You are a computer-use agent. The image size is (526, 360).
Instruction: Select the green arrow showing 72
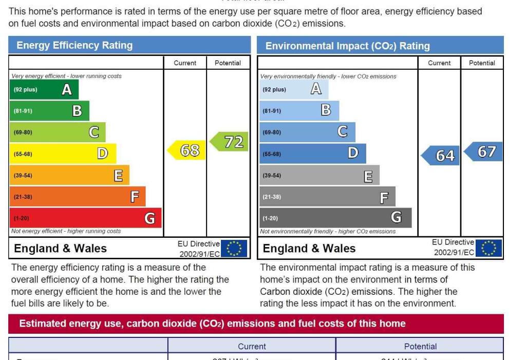coord(230,142)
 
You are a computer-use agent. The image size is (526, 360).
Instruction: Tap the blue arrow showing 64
coord(440,155)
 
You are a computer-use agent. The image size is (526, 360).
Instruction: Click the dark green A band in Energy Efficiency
coord(44,90)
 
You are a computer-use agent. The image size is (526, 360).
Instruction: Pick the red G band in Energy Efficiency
coord(85,218)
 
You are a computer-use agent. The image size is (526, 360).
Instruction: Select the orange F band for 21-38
coord(77,197)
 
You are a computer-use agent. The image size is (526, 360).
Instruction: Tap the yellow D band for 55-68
coord(63,154)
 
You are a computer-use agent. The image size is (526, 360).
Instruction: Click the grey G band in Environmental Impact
coord(335,218)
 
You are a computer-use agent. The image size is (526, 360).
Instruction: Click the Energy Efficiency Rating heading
coord(74,46)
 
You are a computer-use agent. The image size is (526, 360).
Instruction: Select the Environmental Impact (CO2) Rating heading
coord(347,46)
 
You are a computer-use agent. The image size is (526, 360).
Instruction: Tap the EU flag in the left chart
coord(234,249)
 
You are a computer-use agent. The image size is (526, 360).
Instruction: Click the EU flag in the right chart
coord(489,249)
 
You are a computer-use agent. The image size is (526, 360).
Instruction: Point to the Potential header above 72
coord(228,63)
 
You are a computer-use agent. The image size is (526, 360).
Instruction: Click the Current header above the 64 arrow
coord(439,63)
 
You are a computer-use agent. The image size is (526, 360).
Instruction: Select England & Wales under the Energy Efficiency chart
coord(60,249)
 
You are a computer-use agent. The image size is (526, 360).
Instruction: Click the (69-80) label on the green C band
coord(23,132)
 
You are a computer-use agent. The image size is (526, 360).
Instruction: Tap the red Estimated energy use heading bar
coord(256,324)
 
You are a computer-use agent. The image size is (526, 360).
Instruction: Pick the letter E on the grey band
coord(368,177)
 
